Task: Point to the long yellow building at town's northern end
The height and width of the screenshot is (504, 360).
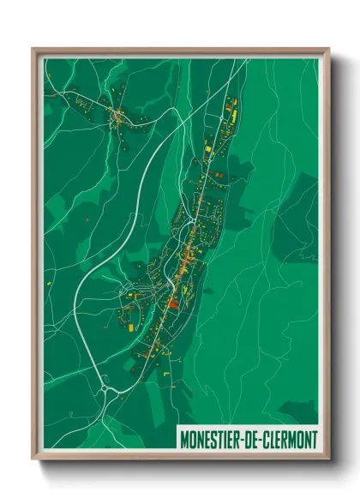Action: click(231, 111)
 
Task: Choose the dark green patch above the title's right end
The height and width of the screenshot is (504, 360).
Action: click(300, 410)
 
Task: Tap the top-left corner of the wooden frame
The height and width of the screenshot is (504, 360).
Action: click(33, 48)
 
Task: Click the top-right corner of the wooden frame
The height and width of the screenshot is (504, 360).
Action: click(328, 48)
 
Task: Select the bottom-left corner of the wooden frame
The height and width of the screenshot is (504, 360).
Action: click(33, 462)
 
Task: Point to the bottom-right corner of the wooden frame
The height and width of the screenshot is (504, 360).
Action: click(328, 462)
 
